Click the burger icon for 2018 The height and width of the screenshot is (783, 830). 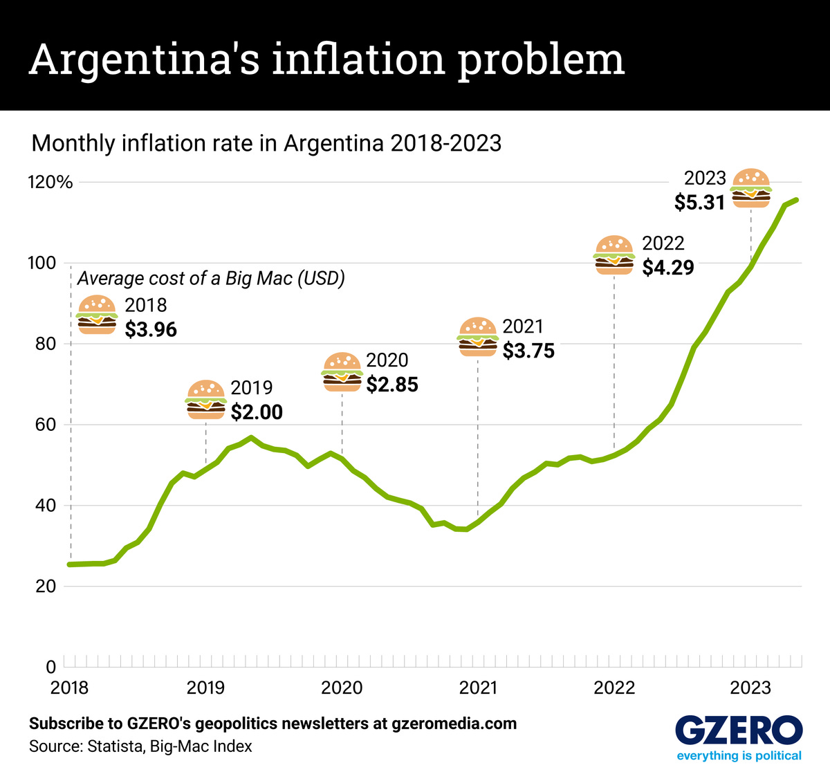(x=97, y=315)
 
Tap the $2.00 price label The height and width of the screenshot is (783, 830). (x=257, y=412)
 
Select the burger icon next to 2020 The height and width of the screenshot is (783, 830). (x=342, y=372)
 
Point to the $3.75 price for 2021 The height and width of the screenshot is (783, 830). (x=528, y=351)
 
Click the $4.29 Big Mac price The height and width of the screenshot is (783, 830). (x=667, y=268)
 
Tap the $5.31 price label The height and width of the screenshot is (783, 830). (x=700, y=202)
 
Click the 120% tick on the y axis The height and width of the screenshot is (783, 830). (x=50, y=183)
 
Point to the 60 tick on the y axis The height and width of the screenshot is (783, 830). (x=46, y=425)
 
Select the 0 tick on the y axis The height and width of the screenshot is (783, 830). (x=50, y=667)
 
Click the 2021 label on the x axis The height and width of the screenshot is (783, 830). (x=478, y=688)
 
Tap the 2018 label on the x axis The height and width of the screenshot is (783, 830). (x=69, y=688)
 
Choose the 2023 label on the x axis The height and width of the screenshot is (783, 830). (x=750, y=688)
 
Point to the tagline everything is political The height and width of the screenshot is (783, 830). (x=739, y=755)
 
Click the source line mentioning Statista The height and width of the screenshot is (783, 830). (x=140, y=746)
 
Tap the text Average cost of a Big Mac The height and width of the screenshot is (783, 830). (x=211, y=278)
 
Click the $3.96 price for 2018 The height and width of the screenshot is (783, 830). (x=151, y=329)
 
